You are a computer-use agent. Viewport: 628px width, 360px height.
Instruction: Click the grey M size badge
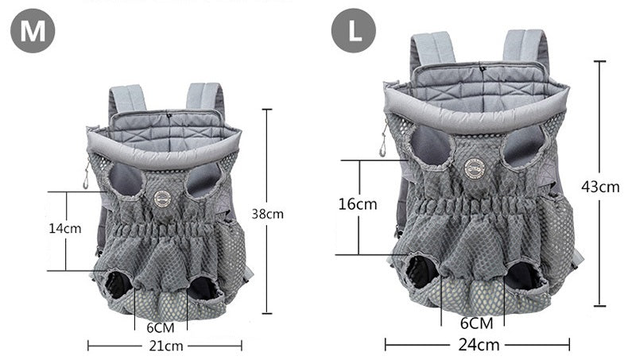point(33,31)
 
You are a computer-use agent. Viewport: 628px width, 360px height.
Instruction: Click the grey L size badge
point(354,30)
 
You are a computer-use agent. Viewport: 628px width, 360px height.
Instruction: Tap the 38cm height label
point(268,215)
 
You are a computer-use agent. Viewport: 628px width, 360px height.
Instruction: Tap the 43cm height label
point(600,187)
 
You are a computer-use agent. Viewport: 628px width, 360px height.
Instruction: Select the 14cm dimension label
point(65,229)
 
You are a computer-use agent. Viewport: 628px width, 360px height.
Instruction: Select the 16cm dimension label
point(358,204)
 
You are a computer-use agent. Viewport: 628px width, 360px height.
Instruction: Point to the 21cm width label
point(166,346)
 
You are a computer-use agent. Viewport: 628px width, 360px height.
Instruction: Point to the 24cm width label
point(479,344)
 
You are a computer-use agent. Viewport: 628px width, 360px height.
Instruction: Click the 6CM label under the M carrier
point(161,328)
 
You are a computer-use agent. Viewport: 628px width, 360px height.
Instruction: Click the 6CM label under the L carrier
point(477,323)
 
